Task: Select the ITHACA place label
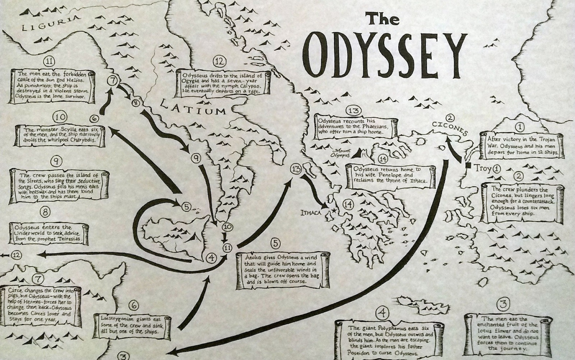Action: click(311, 213)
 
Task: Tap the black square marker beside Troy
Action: click(469, 166)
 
